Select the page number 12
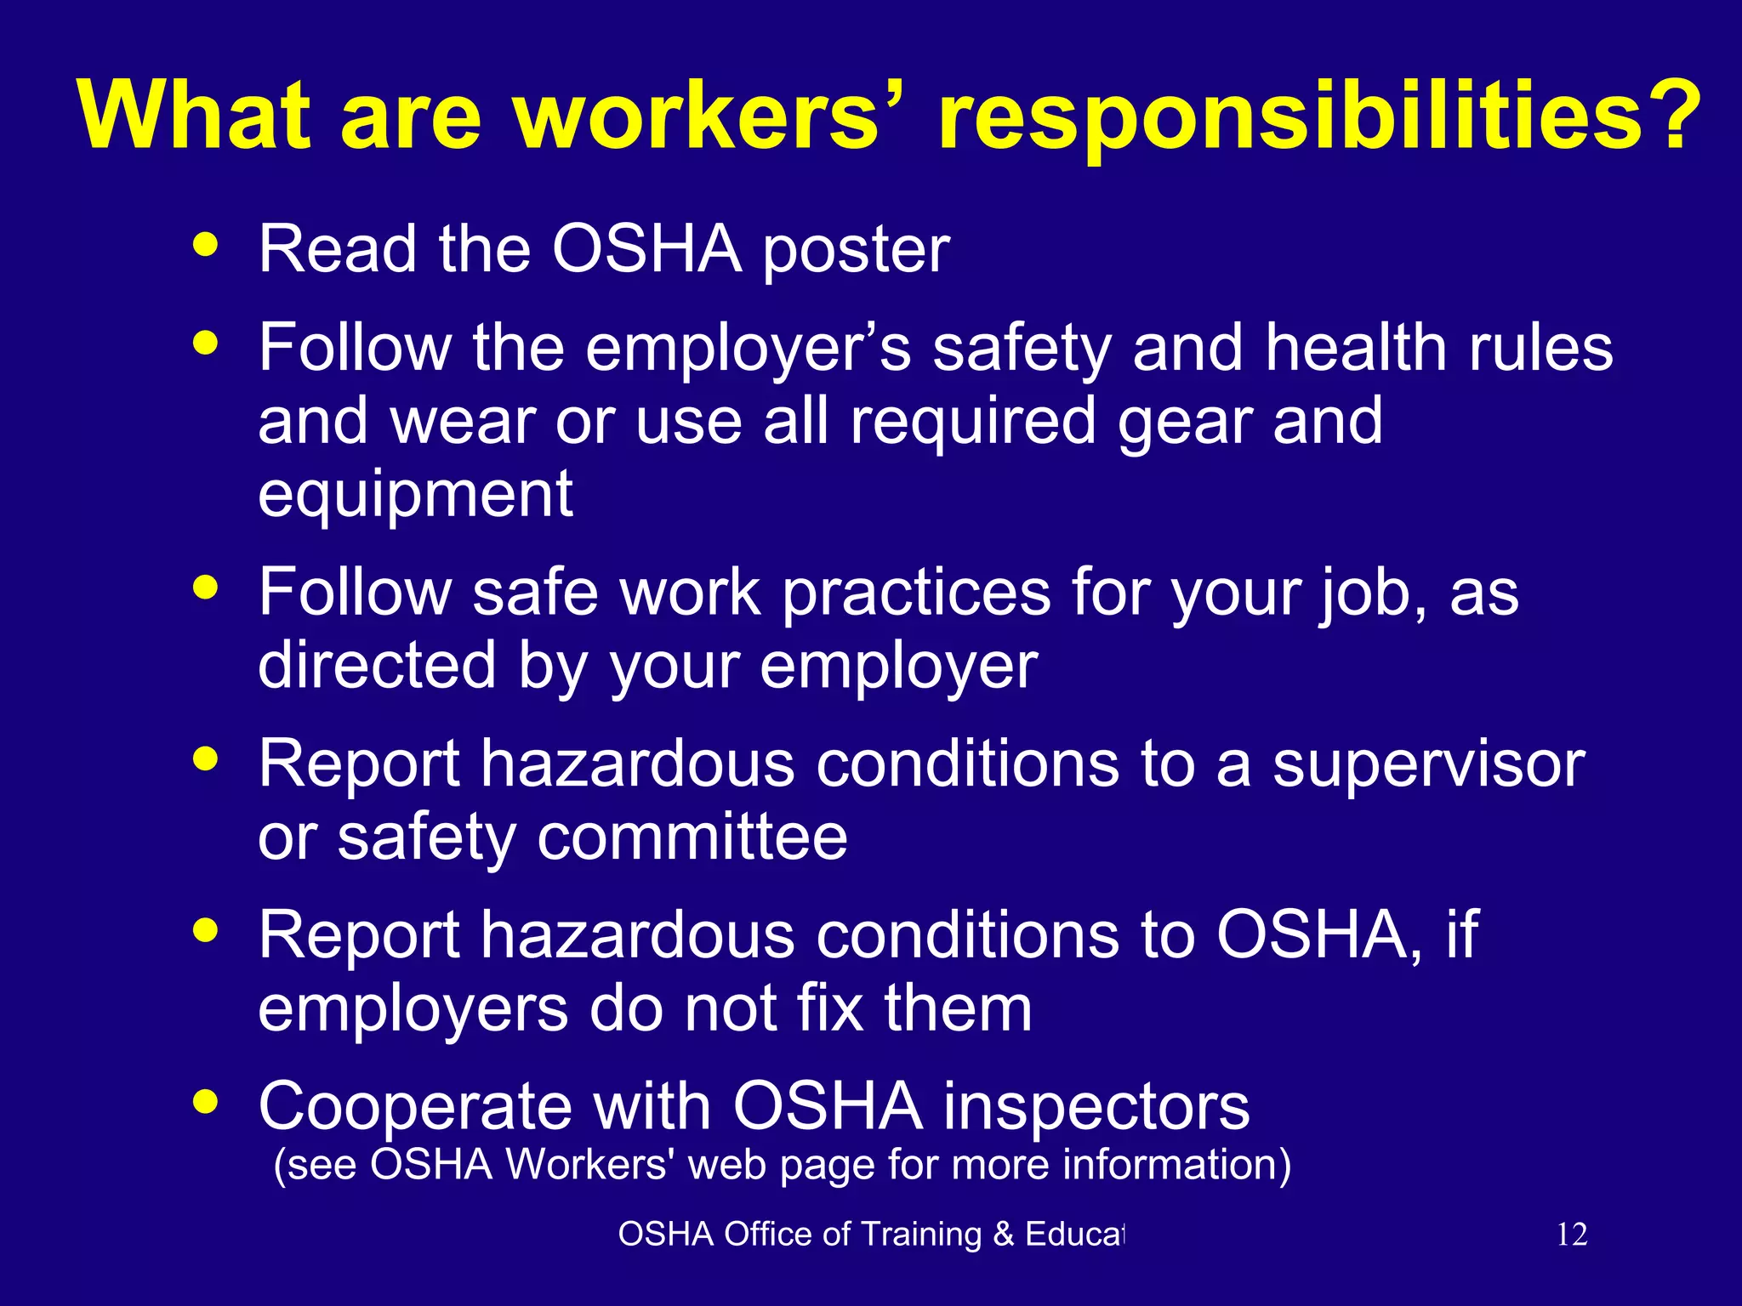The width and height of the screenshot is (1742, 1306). click(1572, 1234)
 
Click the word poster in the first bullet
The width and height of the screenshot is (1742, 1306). click(856, 253)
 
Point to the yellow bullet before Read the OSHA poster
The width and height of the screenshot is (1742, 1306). click(206, 245)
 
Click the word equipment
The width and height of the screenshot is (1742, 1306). click(415, 496)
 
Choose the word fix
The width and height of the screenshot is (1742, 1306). click(830, 1009)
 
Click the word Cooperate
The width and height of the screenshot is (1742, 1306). click(415, 1108)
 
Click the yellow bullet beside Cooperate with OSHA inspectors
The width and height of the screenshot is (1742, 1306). click(206, 1102)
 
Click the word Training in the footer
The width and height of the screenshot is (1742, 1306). click(921, 1235)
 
